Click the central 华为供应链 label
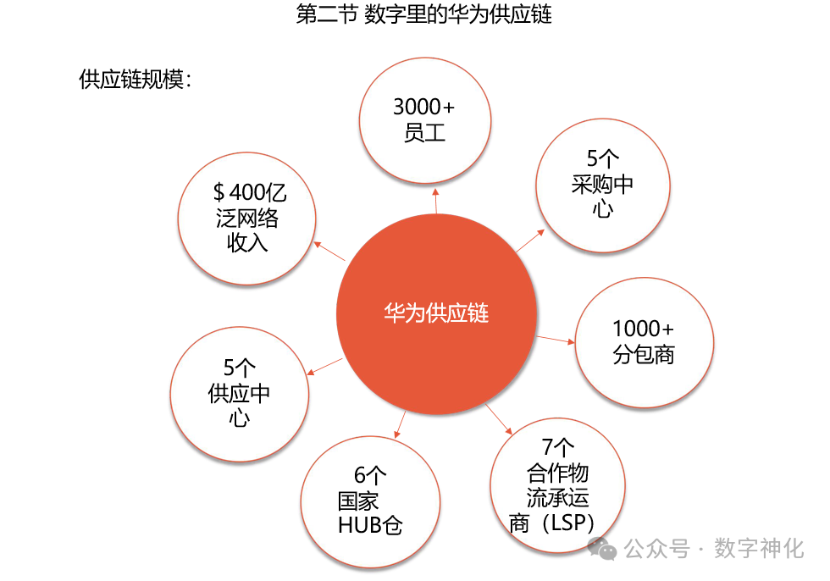(x=436, y=313)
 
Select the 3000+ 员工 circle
(x=425, y=119)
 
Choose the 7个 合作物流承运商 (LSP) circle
(x=557, y=484)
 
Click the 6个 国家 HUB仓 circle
(x=370, y=499)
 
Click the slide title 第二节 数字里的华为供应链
(x=423, y=15)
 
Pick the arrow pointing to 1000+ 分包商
(x=556, y=340)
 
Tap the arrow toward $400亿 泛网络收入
(x=329, y=251)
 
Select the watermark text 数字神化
(x=758, y=549)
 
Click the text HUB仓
(x=370, y=525)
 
